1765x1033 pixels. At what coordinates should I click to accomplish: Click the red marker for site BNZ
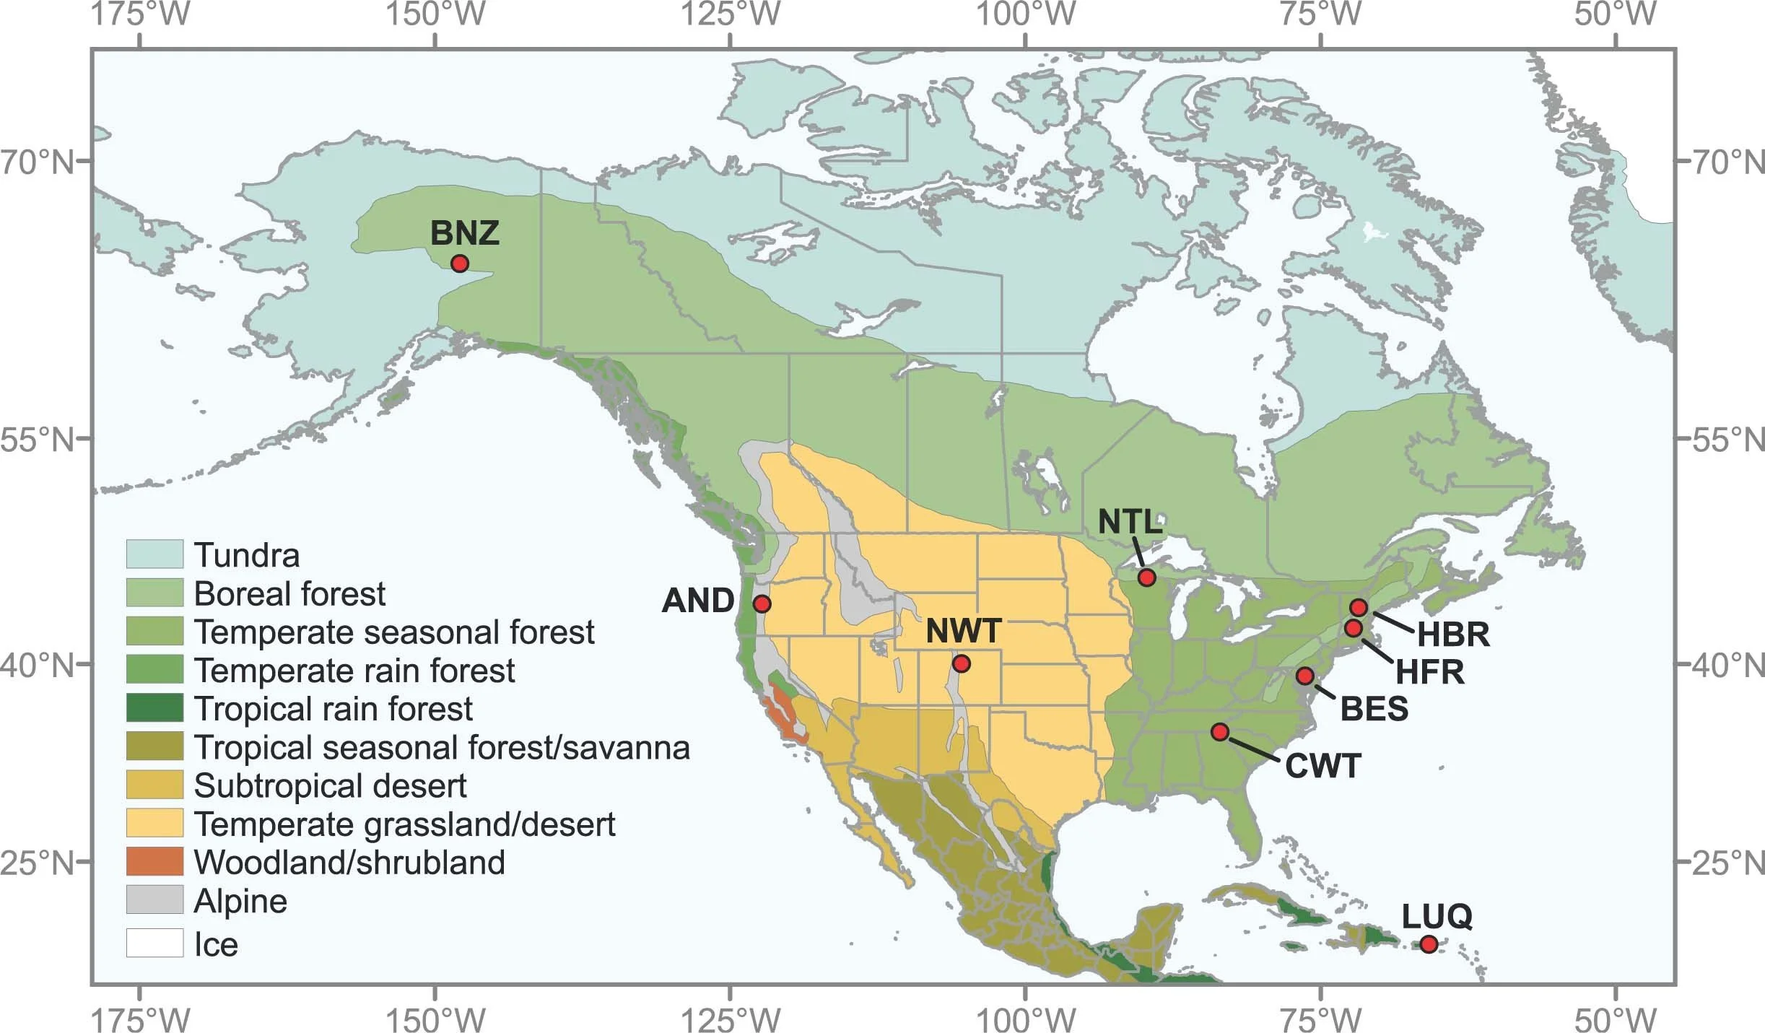[x=459, y=263]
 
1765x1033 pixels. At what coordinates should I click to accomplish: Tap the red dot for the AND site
[x=762, y=603]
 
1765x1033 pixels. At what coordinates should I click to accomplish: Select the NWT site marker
[x=961, y=663]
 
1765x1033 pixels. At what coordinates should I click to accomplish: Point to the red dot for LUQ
[x=1428, y=943]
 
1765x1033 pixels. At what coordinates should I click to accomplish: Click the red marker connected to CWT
[x=1220, y=732]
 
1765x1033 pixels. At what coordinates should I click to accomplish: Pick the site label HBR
[x=1453, y=635]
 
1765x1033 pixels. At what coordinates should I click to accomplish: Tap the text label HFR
[x=1429, y=672]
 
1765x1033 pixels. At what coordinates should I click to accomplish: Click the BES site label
[x=1374, y=709]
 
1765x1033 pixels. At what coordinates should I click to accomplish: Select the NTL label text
[x=1130, y=522]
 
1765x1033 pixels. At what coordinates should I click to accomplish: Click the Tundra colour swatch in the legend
[x=154, y=554]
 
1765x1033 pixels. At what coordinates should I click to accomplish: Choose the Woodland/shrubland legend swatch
[x=154, y=862]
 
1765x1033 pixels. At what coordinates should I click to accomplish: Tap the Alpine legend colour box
[x=154, y=900]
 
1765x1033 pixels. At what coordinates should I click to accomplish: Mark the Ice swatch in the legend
[x=154, y=943]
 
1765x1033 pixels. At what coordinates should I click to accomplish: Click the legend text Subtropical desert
[x=331, y=785]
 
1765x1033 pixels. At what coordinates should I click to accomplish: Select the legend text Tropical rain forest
[x=334, y=709]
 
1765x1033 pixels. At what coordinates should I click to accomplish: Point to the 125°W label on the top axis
[x=731, y=14]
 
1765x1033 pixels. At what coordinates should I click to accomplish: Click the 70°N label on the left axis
[x=38, y=162]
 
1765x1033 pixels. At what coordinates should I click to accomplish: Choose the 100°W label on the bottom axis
[x=1026, y=1020]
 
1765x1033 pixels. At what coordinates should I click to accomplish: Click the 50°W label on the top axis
[x=1616, y=14]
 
